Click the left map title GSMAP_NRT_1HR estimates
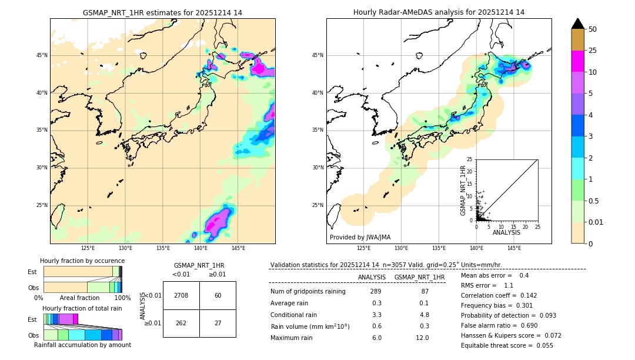click(162, 12)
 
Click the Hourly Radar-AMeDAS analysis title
click(439, 12)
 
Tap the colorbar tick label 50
click(593, 29)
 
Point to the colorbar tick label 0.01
click(596, 222)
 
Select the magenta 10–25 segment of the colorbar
click(577, 61)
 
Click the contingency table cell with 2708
click(181, 295)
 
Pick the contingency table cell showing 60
click(218, 295)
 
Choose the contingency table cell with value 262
click(181, 323)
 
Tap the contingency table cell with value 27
click(218, 323)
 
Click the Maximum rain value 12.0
click(423, 338)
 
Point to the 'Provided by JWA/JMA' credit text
click(360, 237)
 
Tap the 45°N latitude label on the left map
click(42, 55)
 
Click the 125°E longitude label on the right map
click(364, 248)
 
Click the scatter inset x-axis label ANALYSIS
click(506, 232)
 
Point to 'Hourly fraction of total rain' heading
click(82, 308)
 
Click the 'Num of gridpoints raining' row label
click(308, 292)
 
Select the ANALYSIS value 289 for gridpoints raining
click(376, 292)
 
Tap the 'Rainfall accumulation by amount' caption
click(82, 345)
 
